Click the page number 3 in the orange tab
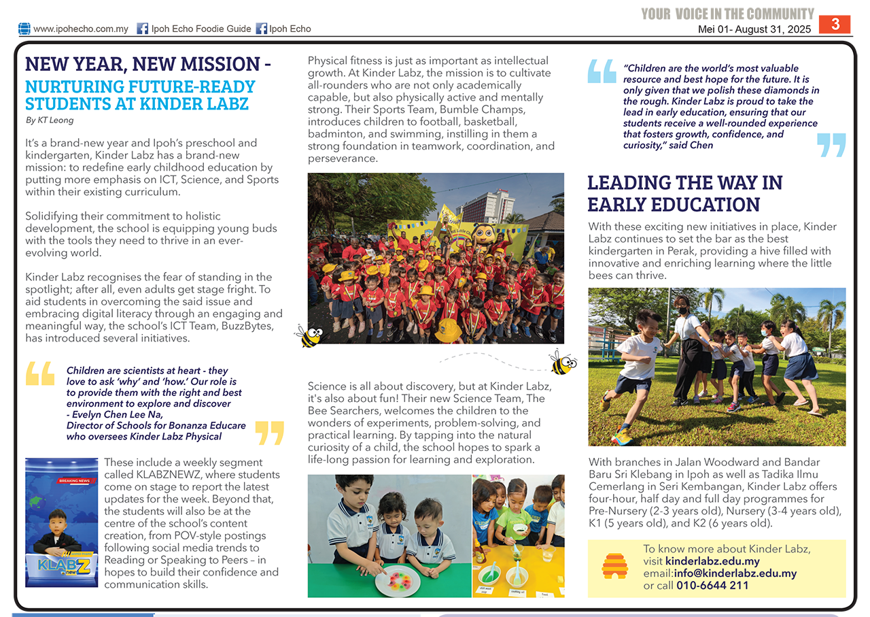[835, 24]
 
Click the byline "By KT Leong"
[50, 120]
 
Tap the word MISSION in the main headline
[222, 65]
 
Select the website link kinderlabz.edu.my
[712, 561]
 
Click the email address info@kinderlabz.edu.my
[731, 573]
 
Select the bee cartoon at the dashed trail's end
[563, 363]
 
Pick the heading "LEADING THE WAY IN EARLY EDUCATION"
[684, 193]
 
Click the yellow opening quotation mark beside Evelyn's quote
[40, 373]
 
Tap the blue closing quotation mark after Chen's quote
[831, 145]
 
